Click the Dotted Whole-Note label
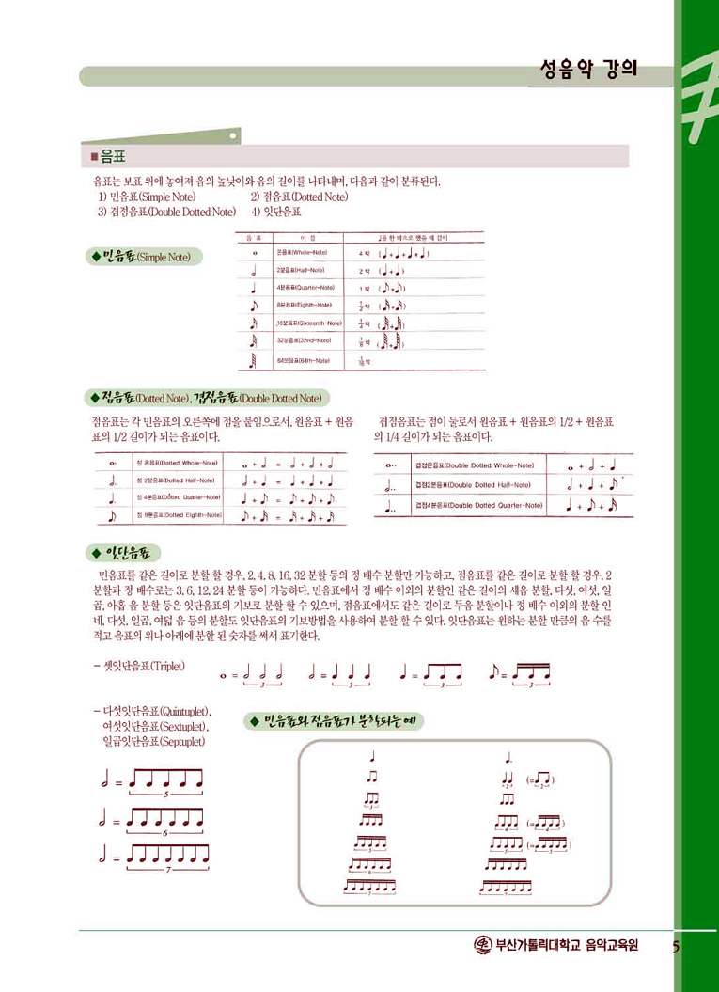pyautogui.click(x=178, y=462)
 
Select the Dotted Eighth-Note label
pyautogui.click(x=179, y=514)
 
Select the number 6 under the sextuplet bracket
pyautogui.click(x=165, y=833)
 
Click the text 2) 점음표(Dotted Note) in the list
pyautogui.click(x=299, y=197)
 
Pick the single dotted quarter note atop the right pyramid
pyautogui.click(x=508, y=756)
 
